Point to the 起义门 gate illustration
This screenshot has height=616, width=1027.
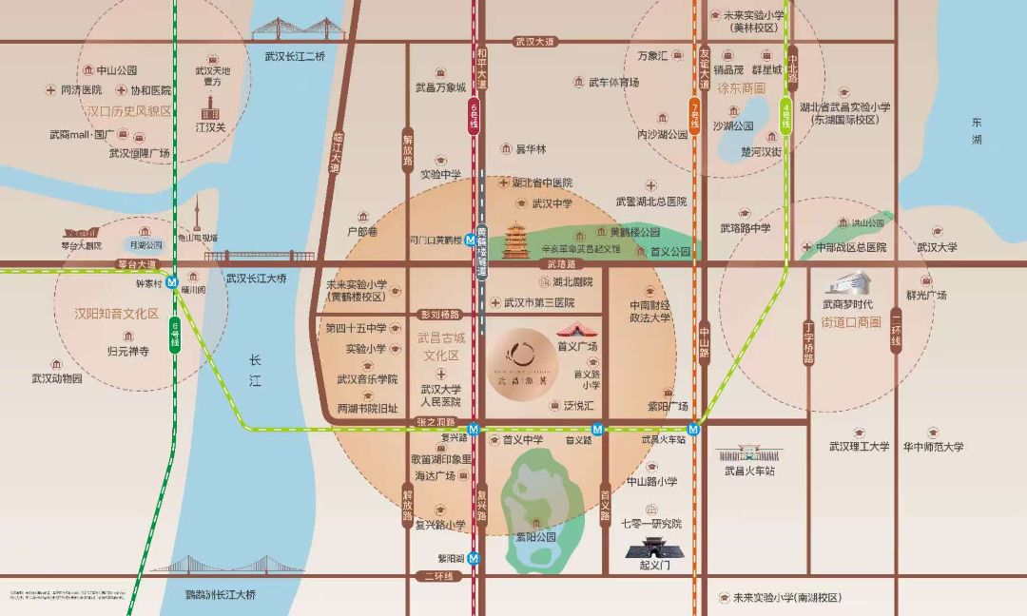[653, 547]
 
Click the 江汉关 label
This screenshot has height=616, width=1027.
[210, 126]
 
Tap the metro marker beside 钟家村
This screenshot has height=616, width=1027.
[173, 281]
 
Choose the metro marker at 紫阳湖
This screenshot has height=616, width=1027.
[474, 558]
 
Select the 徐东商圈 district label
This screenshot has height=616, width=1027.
[741, 87]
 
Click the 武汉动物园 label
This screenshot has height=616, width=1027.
[57, 378]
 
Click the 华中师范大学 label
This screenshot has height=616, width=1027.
[934, 447]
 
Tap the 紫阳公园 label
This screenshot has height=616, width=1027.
[535, 537]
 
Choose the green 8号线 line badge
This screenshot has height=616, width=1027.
[788, 115]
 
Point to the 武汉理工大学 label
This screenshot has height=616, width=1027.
[859, 447]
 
